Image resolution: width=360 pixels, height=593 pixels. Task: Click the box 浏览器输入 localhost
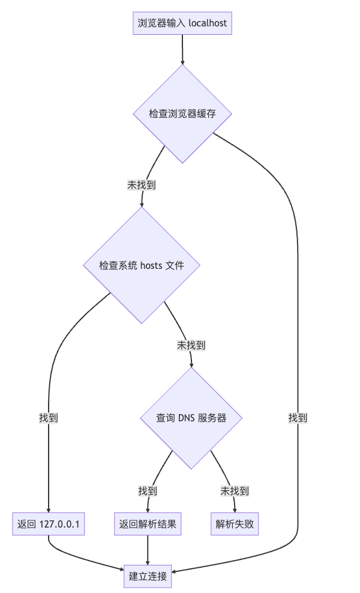coord(182,23)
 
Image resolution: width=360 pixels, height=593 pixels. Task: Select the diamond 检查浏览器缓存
coord(182,113)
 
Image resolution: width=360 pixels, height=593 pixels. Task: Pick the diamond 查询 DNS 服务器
coord(191,418)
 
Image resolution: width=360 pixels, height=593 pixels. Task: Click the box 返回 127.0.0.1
coord(49,524)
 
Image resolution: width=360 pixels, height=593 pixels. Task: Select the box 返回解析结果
coord(148,524)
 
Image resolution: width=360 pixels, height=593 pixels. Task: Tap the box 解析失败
coord(235,524)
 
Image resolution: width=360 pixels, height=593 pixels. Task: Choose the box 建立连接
coord(148,576)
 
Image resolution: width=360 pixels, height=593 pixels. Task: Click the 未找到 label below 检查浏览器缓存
coord(142,185)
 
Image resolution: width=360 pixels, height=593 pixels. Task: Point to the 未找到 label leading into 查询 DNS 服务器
coord(191,345)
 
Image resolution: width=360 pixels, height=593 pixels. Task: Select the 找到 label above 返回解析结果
coord(148,490)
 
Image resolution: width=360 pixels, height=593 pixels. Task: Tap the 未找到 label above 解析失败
coord(235,490)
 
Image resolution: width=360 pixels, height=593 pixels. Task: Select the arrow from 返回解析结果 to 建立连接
coord(148,550)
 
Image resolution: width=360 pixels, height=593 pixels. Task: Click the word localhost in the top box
coord(208,23)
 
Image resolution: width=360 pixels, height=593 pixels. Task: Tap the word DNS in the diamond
coord(187,418)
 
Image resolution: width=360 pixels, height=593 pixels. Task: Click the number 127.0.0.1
coord(60,524)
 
